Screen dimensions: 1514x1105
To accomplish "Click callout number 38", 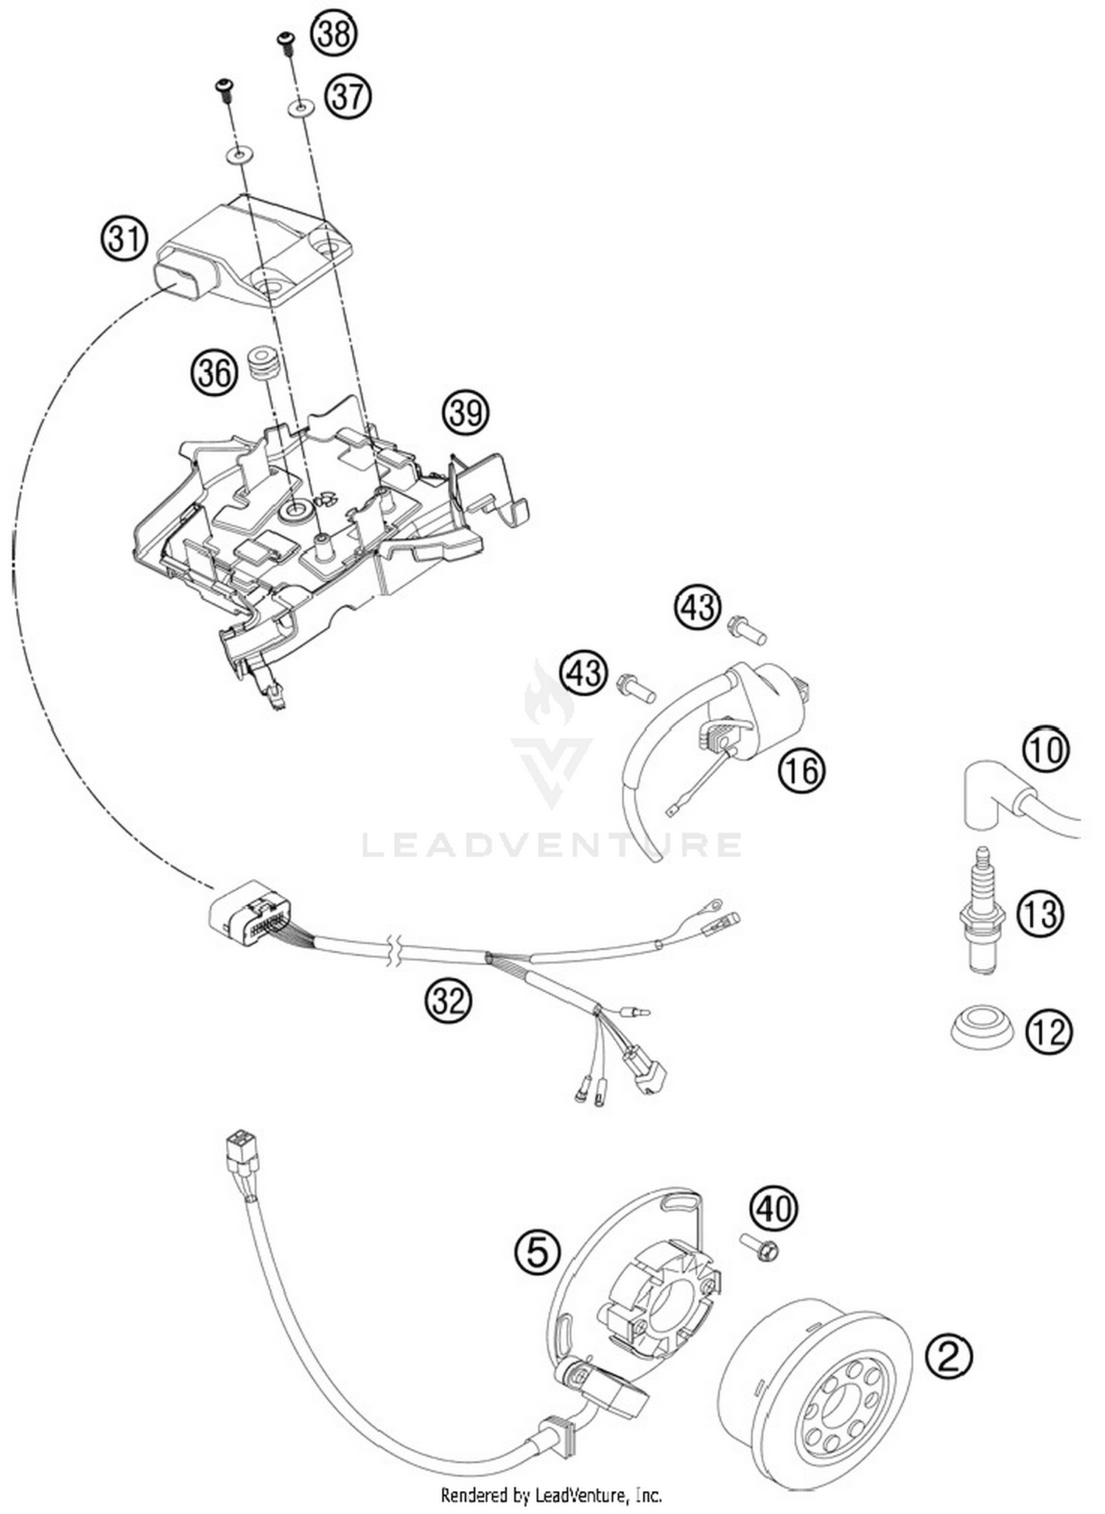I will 334,33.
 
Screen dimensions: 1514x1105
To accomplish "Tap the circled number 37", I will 348,97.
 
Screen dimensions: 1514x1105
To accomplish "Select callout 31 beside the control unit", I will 124,240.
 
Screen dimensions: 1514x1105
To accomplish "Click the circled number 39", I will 466,413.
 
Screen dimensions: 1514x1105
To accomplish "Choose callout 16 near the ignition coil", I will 801,771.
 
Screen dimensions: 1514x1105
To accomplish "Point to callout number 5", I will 537,1252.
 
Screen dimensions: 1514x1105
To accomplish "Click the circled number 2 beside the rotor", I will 950,1356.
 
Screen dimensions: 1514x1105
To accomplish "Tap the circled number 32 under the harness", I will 449,1002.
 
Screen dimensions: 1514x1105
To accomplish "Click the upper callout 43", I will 697,607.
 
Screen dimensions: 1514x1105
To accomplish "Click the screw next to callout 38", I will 284,42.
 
